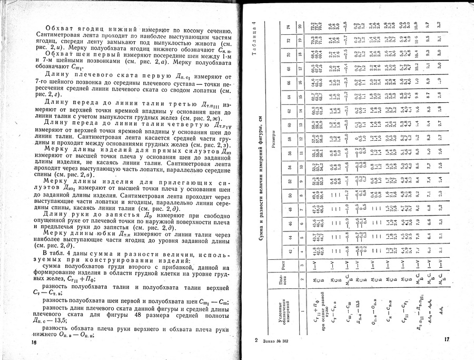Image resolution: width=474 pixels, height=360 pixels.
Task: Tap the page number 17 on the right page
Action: coord(446,340)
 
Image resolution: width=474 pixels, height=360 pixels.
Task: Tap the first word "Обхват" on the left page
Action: coord(58,27)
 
